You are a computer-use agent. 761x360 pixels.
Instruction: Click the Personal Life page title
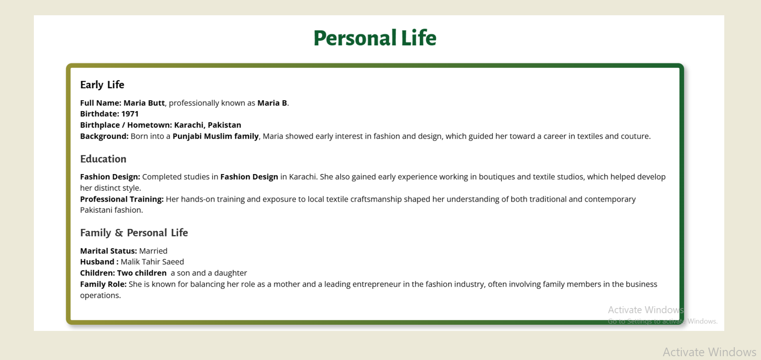click(x=375, y=38)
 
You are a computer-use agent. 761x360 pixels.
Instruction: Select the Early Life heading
click(x=102, y=84)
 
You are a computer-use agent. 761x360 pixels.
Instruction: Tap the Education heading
click(x=103, y=159)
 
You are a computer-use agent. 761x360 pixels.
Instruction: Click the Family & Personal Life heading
click(x=134, y=233)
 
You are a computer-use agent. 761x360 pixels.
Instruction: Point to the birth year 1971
click(x=130, y=114)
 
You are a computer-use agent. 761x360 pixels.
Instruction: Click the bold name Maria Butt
click(x=144, y=103)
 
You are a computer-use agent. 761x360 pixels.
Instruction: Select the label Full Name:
click(x=101, y=103)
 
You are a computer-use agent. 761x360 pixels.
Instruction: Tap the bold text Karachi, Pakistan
click(x=208, y=125)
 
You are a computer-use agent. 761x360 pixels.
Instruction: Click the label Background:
click(x=104, y=136)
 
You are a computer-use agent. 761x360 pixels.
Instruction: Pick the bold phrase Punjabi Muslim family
click(x=215, y=136)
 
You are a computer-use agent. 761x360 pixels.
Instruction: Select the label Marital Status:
click(x=108, y=251)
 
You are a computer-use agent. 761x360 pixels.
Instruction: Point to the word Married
click(x=153, y=251)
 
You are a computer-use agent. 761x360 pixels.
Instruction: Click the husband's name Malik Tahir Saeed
click(x=152, y=262)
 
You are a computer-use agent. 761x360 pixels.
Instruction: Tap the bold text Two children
click(x=142, y=273)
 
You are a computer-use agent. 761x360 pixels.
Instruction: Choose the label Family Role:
click(x=103, y=284)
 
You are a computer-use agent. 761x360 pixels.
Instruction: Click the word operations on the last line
click(x=100, y=296)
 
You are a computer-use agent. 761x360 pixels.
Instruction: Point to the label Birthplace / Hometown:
click(x=126, y=125)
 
